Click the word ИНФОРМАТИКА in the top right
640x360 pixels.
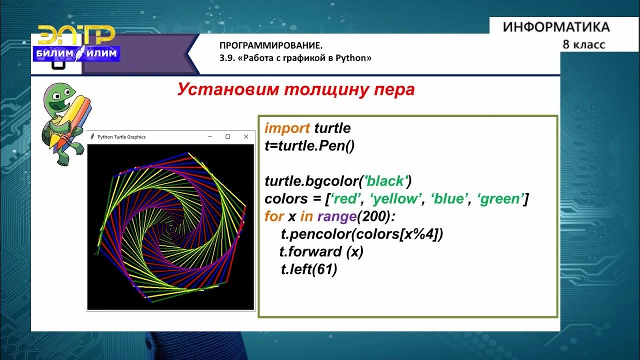pos(556,27)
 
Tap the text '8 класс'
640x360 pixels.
pos(583,44)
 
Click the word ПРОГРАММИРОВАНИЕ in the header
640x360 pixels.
pos(267,45)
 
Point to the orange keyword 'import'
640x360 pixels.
pos(287,128)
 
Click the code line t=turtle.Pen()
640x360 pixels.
pos(309,146)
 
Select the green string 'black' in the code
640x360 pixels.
pos(385,180)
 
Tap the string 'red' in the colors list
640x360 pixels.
pos(346,199)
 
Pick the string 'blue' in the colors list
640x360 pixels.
pos(447,199)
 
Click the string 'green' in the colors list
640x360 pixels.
pos(500,199)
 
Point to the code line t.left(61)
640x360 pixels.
pos(309,269)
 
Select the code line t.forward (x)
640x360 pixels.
pos(321,252)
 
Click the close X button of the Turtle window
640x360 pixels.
pos(245,136)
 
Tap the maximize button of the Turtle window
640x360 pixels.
pos(228,136)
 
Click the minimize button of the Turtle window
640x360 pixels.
pos(210,136)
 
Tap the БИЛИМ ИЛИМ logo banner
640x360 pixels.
pos(76,53)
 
